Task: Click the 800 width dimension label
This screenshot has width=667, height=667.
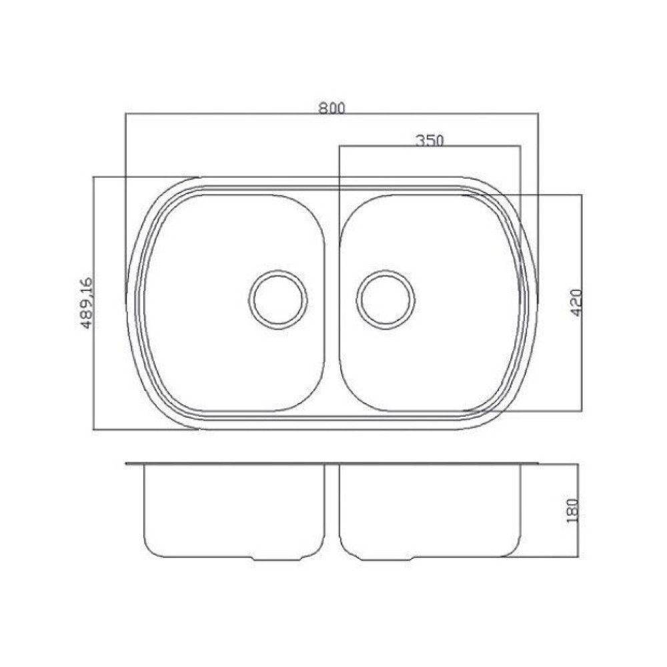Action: [332, 108]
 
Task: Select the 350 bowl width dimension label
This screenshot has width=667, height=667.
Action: [429, 140]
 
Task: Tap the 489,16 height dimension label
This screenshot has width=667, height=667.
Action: [86, 303]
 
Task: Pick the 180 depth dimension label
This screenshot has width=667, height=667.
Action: [573, 510]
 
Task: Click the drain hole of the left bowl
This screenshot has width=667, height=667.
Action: [278, 300]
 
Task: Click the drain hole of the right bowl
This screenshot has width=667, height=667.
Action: [386, 300]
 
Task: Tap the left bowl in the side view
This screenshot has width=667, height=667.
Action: [235, 510]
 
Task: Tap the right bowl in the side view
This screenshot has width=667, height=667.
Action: [430, 510]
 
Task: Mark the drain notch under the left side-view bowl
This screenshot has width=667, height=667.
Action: [277, 558]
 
